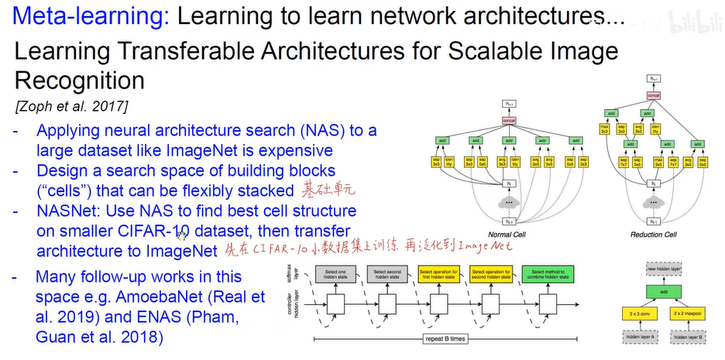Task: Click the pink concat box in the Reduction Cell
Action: pyautogui.click(x=655, y=96)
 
